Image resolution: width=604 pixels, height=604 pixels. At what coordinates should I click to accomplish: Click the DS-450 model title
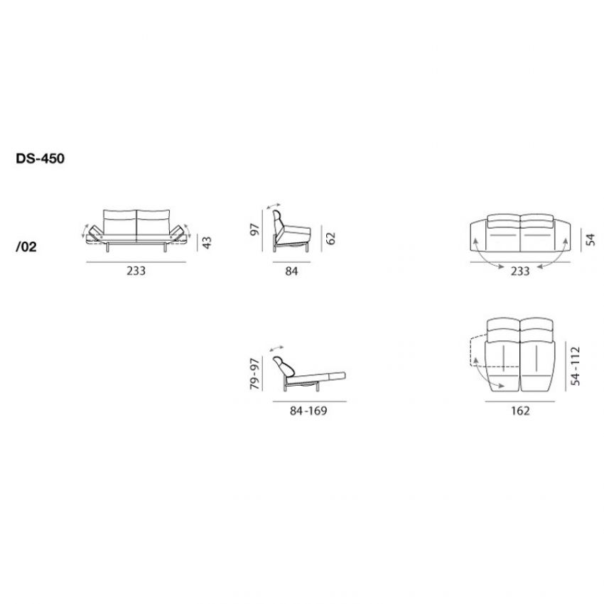[x=40, y=158]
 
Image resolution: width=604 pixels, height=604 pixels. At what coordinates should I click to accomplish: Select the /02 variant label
[x=26, y=247]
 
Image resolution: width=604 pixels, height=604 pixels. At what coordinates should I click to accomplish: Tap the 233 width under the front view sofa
[x=136, y=271]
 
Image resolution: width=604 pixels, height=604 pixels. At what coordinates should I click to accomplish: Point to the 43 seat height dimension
[x=207, y=242]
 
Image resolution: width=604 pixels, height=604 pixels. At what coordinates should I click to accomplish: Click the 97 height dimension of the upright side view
[x=254, y=230]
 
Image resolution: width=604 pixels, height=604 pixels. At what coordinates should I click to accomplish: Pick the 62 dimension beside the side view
[x=330, y=238]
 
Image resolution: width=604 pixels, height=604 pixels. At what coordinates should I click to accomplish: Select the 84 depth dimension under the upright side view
[x=291, y=271]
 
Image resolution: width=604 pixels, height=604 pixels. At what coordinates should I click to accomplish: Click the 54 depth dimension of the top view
[x=590, y=239]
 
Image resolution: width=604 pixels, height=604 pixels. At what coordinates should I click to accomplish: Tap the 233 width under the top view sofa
[x=520, y=271]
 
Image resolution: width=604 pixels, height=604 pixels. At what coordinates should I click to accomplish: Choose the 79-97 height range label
[x=254, y=373]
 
